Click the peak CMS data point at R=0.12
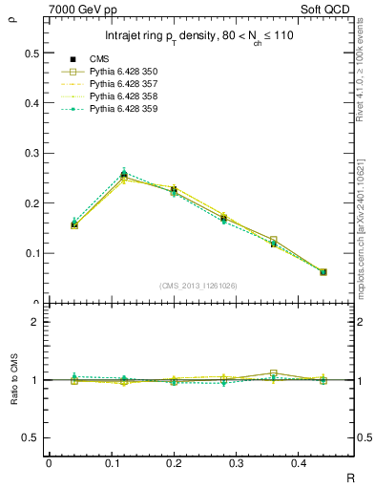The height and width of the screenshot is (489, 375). click(124, 175)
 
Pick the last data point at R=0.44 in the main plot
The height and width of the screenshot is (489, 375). click(323, 272)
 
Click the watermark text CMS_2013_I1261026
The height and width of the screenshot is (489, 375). click(199, 285)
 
